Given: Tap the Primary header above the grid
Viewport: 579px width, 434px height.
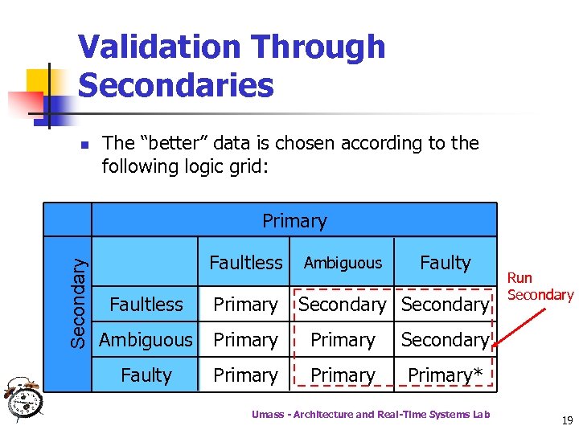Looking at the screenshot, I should (294, 221).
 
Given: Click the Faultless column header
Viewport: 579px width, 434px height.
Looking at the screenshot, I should (245, 263).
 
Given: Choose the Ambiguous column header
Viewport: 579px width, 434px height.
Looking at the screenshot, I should (343, 264).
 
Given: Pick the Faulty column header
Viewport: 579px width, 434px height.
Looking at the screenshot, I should (445, 263).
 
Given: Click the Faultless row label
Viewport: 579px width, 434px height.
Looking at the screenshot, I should (146, 305).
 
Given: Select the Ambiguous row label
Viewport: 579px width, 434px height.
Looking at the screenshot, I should (146, 340).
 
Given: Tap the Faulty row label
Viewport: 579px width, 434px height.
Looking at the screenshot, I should (146, 375).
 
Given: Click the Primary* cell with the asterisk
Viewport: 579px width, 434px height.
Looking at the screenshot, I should (445, 375).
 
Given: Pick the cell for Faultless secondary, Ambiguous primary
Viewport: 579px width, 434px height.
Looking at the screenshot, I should (343, 305).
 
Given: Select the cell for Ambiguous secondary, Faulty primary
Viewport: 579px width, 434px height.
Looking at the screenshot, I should (445, 340).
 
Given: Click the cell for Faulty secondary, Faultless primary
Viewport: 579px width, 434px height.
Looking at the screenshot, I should (245, 375).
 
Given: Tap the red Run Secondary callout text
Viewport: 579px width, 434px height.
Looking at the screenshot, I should (540, 287).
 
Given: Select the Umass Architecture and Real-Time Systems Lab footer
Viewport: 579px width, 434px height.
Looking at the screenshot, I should (370, 414).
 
